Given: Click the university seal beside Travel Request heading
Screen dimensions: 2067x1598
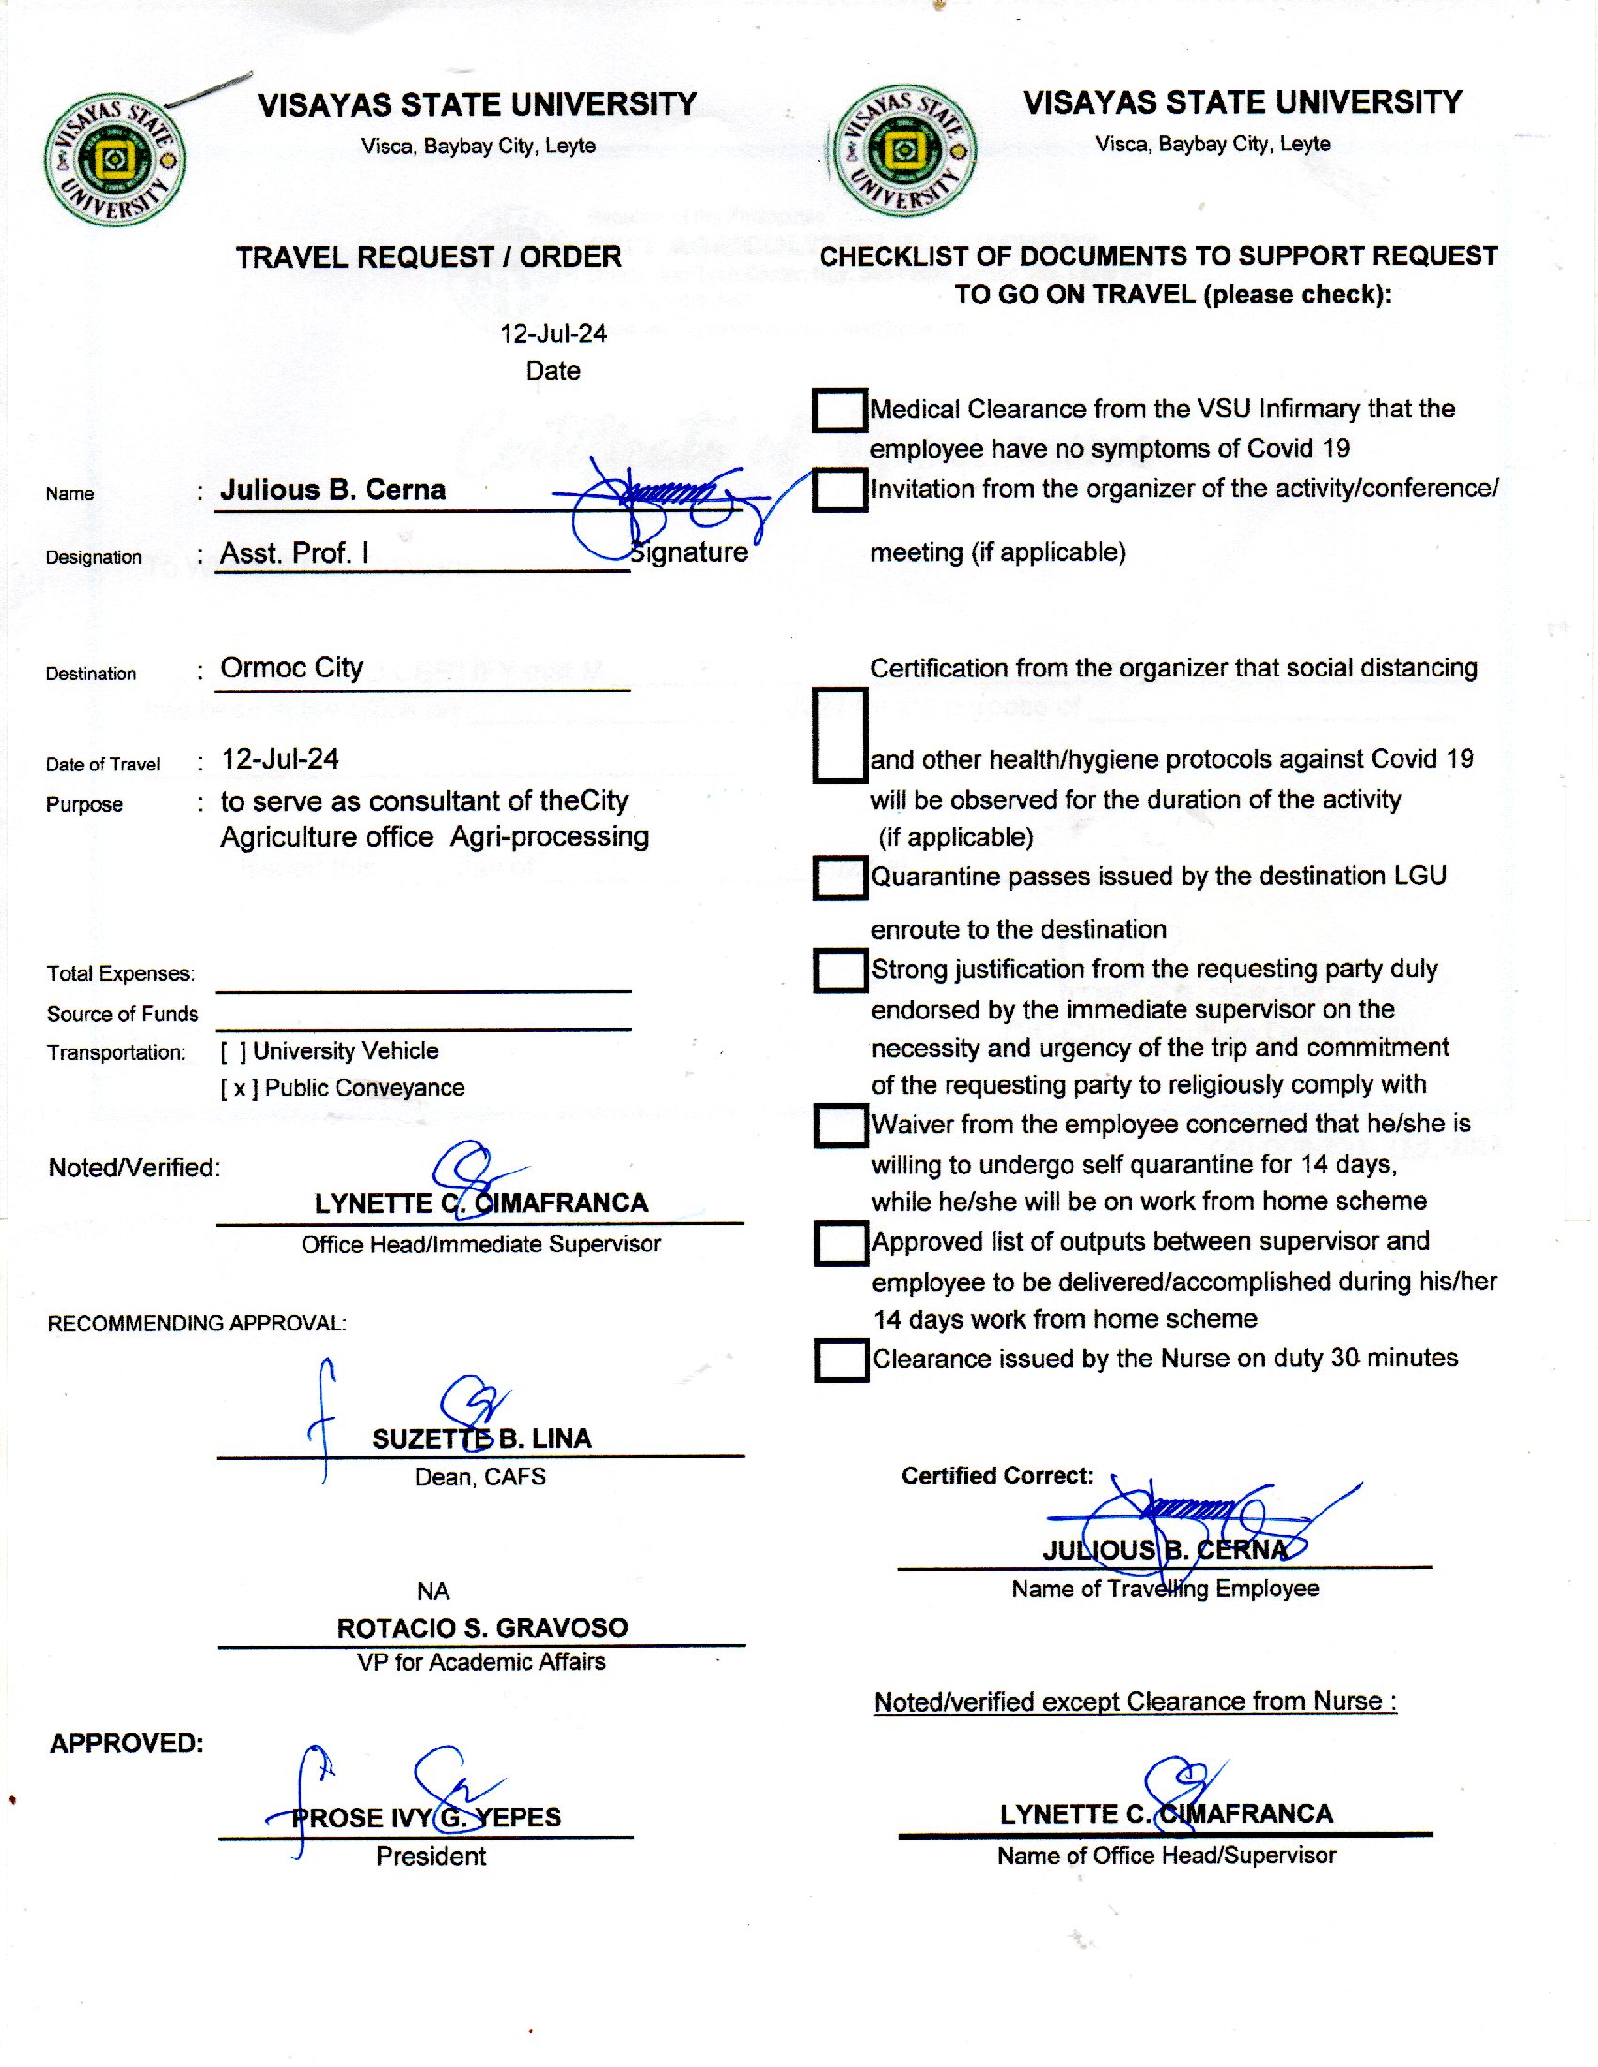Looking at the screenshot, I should (115, 160).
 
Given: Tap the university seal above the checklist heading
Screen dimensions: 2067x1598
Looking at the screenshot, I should (904, 151).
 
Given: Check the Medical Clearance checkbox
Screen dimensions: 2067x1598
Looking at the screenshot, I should (838, 410).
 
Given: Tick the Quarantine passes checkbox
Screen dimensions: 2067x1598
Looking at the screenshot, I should (839, 878).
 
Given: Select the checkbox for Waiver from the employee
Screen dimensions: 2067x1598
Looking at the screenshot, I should (840, 1126).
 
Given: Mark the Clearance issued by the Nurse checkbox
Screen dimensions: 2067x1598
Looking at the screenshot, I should (840, 1360).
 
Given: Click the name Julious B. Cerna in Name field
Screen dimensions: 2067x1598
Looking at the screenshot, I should (332, 490).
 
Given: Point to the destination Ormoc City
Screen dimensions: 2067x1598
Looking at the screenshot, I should (291, 668).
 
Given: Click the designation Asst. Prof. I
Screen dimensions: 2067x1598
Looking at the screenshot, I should (293, 553).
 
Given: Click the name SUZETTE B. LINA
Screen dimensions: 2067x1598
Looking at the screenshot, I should (481, 1438).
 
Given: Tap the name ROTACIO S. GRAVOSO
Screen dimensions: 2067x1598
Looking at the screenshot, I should (482, 1628).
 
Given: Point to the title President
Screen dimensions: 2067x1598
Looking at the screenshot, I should (431, 1856).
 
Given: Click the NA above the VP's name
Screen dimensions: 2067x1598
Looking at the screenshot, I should (432, 1591).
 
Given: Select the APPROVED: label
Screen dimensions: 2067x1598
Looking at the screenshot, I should (126, 1743).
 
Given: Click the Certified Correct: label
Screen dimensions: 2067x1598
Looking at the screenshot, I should (996, 1475).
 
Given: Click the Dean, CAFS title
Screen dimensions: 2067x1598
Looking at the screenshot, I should (480, 1476).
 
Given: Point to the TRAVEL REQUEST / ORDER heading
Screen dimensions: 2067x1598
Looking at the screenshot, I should (428, 257).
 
